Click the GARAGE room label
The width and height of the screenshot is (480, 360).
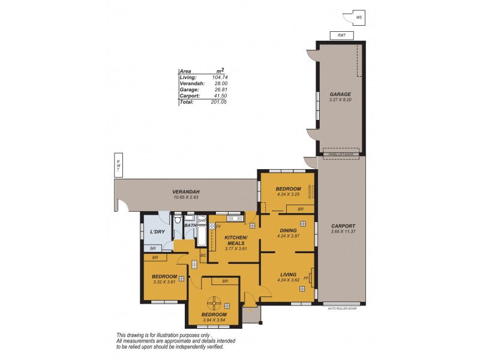point(340,94)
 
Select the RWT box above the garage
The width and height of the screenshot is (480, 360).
point(341,35)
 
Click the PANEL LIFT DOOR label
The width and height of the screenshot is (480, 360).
point(340,155)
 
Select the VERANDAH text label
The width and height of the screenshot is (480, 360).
point(185,191)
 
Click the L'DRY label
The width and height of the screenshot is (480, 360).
point(157,232)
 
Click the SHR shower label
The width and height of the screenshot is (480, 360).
point(202,220)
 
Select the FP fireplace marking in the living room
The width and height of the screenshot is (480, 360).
point(307,278)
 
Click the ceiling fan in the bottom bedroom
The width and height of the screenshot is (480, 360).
point(214,302)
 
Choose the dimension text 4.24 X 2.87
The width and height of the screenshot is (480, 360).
point(288,236)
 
